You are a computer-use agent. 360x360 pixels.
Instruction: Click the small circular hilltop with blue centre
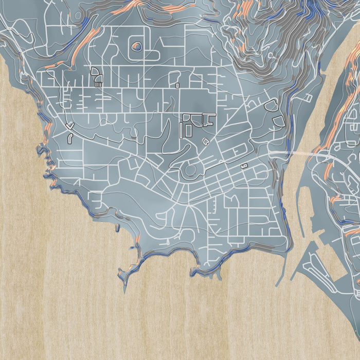(136, 47)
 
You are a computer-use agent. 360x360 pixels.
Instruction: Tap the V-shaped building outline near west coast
(70, 125)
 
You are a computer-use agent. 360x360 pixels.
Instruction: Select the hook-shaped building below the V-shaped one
(69, 137)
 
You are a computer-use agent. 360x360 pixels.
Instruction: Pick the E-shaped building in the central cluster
(209, 120)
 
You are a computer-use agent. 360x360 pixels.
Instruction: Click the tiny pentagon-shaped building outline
(206, 140)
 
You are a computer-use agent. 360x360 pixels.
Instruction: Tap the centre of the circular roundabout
(191, 169)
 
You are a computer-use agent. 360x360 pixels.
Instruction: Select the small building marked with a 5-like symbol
(244, 165)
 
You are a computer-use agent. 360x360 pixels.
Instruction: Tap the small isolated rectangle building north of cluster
(177, 85)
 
